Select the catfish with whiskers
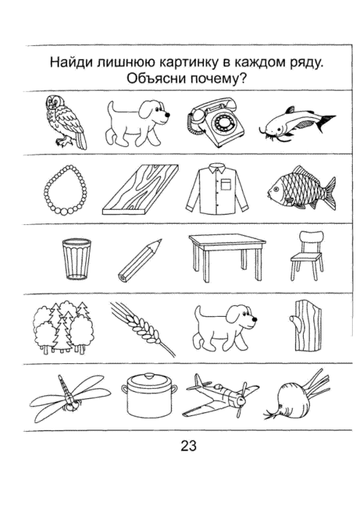[x=297, y=124]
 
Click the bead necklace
[x=66, y=190]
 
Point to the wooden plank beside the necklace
[x=141, y=189]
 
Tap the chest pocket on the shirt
[x=226, y=184]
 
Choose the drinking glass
[x=77, y=259]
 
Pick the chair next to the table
[x=307, y=255]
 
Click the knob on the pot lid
[x=149, y=376]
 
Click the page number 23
[x=189, y=446]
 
